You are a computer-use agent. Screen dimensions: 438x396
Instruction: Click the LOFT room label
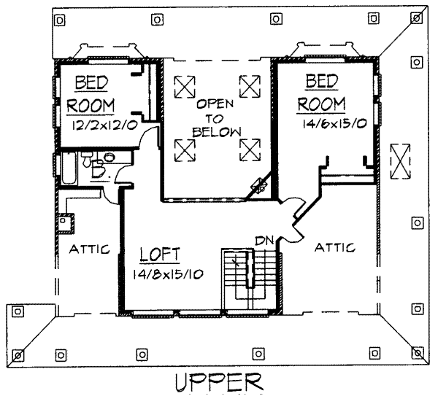(160, 255)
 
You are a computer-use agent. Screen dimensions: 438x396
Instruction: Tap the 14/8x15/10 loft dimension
(168, 275)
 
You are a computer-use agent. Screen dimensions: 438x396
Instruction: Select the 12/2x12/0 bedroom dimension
(104, 125)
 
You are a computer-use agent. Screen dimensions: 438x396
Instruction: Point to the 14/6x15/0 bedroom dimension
(334, 124)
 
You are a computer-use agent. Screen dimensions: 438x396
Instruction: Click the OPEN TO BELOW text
(216, 119)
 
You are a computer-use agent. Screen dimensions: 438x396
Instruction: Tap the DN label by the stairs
(264, 241)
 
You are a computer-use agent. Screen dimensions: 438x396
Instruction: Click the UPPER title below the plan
(219, 381)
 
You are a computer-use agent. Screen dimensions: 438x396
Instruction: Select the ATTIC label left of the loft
(89, 249)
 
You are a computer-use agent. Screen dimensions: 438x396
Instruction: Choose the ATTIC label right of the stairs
(335, 247)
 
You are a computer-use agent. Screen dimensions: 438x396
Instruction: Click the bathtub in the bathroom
(69, 168)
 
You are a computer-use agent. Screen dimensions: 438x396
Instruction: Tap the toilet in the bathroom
(86, 159)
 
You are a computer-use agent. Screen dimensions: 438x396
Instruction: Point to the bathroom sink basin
(109, 157)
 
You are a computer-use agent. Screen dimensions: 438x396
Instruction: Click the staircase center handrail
(250, 269)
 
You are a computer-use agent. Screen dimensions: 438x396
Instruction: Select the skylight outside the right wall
(400, 161)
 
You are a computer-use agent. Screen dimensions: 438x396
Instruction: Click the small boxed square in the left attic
(66, 224)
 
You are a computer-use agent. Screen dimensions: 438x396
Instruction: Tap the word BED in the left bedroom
(91, 83)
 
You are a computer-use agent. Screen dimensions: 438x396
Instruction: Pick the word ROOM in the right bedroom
(321, 104)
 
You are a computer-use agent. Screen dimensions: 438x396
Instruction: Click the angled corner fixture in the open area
(260, 185)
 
